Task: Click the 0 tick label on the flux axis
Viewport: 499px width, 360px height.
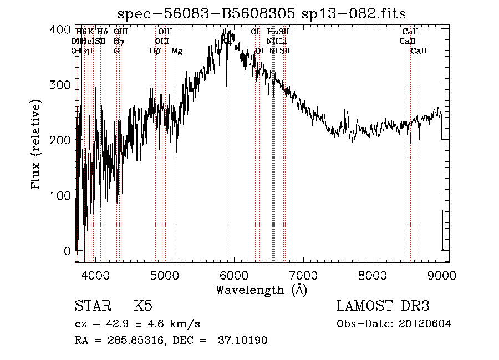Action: (68, 251)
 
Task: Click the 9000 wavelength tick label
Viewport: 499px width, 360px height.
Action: (441, 274)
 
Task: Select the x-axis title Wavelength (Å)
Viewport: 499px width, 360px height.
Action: (261, 290)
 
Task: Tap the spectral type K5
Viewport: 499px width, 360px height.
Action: (143, 307)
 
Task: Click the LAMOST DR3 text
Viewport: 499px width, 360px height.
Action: (383, 306)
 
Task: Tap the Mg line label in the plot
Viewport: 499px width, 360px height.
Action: (177, 51)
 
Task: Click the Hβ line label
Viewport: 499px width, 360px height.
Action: (155, 51)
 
